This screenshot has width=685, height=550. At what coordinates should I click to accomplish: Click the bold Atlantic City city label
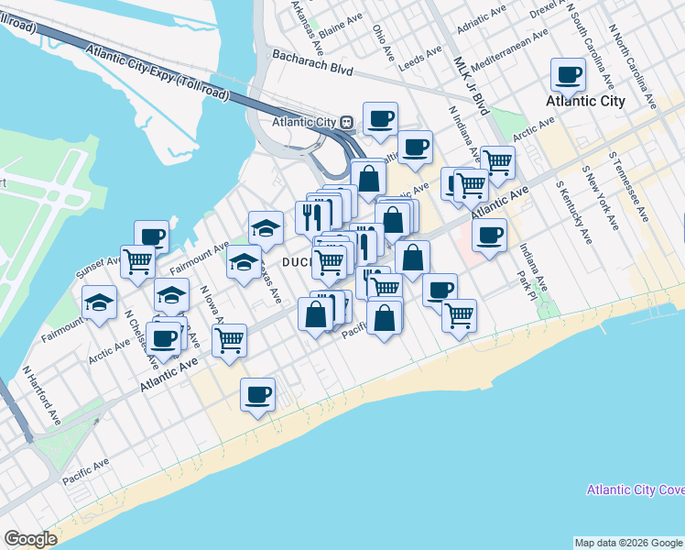585,102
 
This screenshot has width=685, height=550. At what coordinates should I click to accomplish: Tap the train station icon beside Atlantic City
347,122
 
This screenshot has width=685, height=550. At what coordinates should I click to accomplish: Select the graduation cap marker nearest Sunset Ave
99,302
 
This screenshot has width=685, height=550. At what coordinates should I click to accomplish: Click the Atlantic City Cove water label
636,490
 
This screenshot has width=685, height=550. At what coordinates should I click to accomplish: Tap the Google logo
31,540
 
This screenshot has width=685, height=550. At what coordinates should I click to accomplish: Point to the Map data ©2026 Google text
627,543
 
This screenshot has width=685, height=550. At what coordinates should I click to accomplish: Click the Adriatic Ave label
479,18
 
